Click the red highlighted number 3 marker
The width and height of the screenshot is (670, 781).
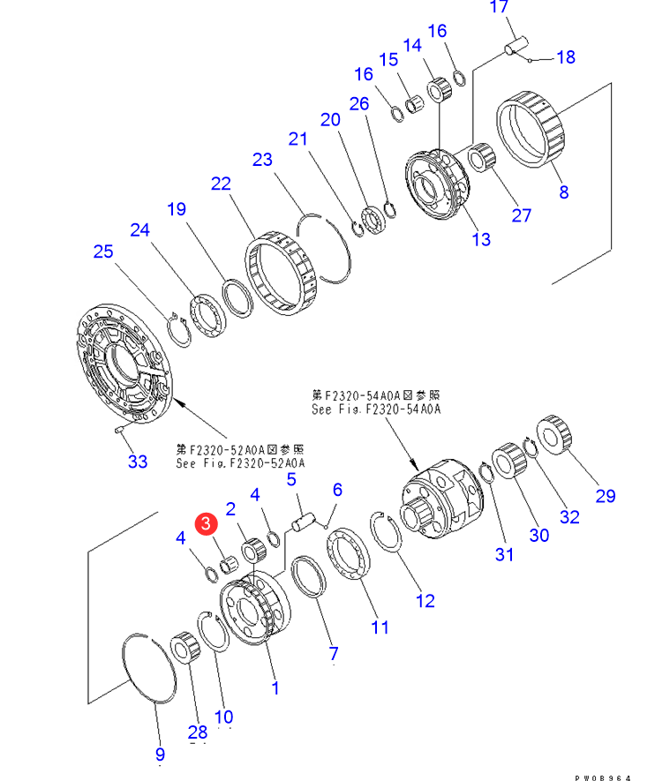[206, 524]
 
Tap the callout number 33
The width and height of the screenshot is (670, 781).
[138, 461]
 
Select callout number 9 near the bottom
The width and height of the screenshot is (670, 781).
[160, 754]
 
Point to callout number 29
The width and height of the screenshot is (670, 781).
[605, 495]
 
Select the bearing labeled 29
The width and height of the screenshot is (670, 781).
[558, 435]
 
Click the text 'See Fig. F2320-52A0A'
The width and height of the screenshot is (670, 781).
[240, 462]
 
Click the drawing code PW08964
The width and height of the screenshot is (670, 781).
[603, 777]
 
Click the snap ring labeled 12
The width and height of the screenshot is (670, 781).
[389, 533]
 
